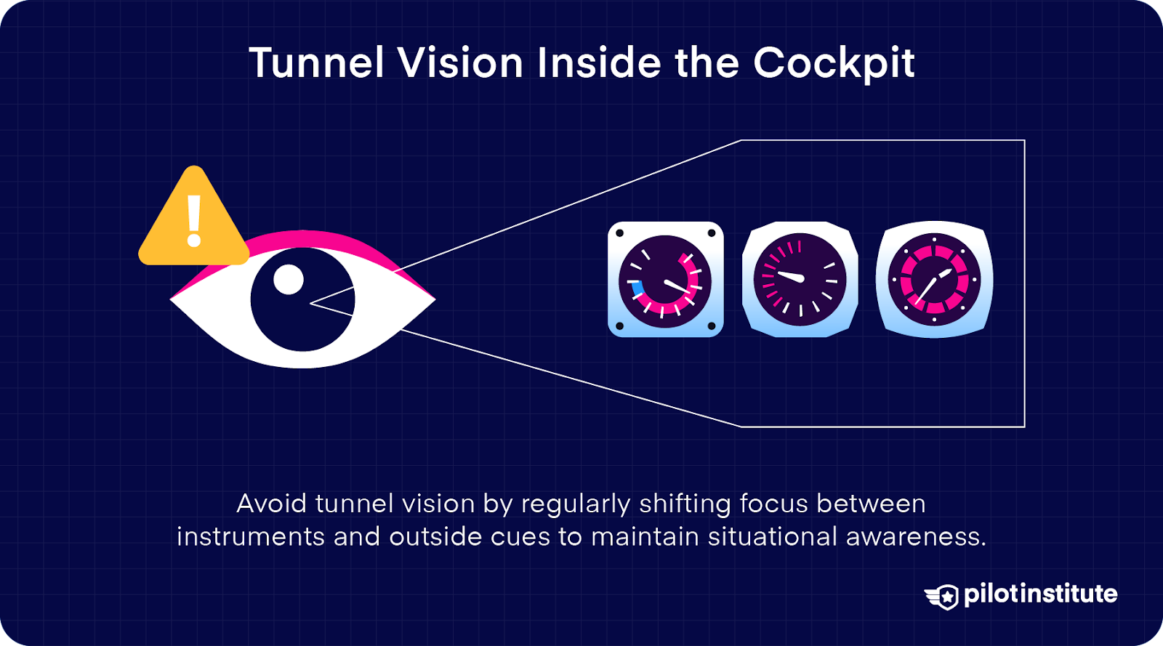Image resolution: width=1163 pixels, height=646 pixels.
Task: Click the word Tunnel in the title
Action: (x=315, y=63)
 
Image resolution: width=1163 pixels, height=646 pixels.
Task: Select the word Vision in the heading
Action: (x=460, y=63)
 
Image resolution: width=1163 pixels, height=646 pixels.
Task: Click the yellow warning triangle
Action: (x=193, y=222)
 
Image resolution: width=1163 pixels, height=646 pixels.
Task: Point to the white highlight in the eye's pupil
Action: (x=288, y=280)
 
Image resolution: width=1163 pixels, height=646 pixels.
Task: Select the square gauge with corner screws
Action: (x=665, y=280)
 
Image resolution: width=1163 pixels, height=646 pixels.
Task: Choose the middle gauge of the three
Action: (x=800, y=280)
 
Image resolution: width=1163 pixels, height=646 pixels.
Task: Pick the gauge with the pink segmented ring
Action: (x=934, y=280)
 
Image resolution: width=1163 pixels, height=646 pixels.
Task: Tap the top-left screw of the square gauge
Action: (x=620, y=233)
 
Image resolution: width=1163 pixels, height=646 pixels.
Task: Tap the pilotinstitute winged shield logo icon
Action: (x=943, y=597)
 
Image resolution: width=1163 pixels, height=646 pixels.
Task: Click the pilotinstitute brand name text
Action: (x=1041, y=594)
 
